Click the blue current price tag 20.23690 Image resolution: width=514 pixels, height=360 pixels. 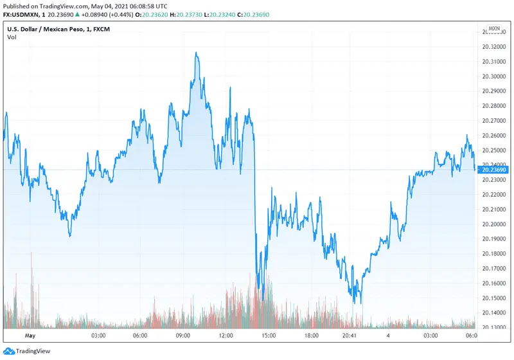[x=493, y=170]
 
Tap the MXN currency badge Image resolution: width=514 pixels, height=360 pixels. [x=494, y=29]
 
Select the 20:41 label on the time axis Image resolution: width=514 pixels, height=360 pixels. [x=351, y=336]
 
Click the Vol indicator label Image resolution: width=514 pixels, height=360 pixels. [x=12, y=37]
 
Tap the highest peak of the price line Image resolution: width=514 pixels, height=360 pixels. [x=197, y=53]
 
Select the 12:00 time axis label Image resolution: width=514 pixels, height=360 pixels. [x=226, y=336]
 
